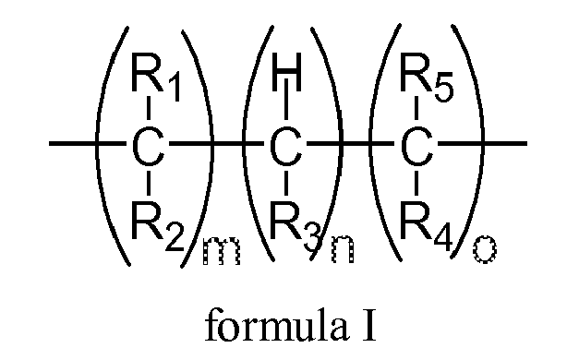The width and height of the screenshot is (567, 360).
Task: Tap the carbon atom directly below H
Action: pos(285,145)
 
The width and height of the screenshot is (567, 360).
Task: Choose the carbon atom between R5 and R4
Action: pos(416,145)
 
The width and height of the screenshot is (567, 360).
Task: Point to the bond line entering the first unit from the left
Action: pos(74,145)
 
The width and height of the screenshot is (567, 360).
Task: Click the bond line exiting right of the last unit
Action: pos(503,145)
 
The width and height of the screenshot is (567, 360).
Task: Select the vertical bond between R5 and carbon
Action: pos(416,111)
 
